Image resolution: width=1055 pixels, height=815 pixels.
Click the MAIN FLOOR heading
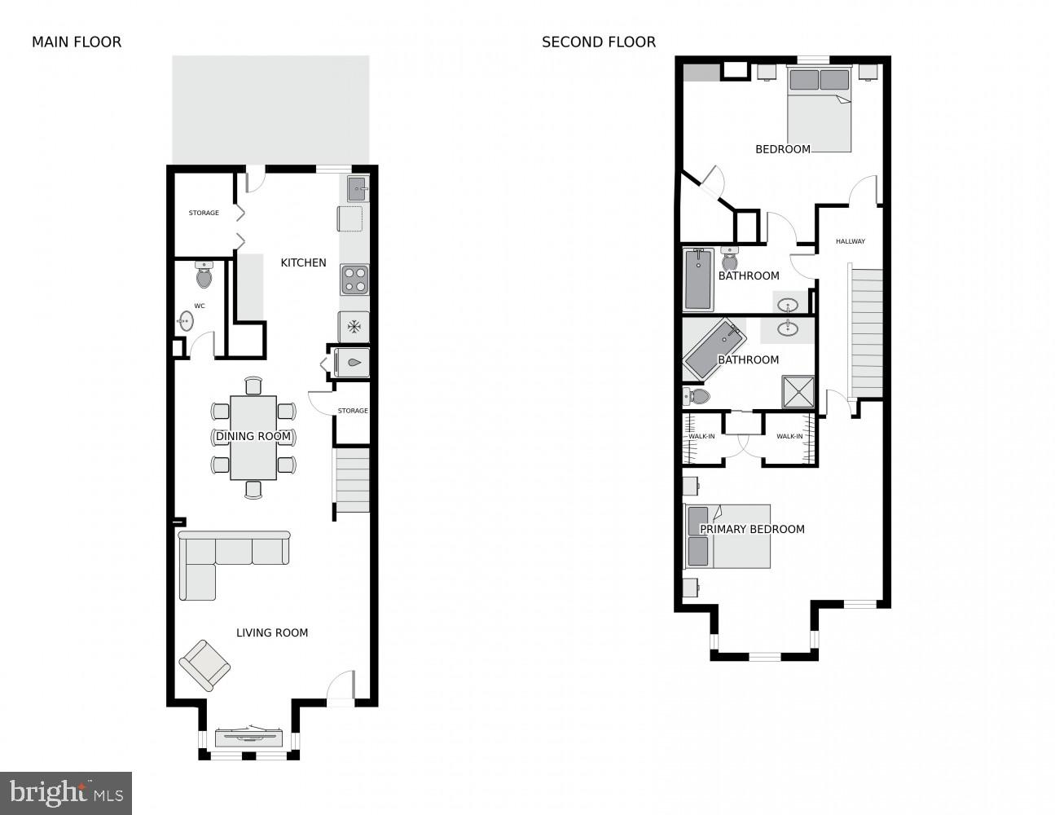click(x=77, y=42)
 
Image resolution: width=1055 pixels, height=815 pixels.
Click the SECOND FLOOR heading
click(x=599, y=42)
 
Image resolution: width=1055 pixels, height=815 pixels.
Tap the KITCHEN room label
click(x=303, y=262)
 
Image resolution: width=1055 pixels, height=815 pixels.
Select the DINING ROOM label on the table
click(x=253, y=437)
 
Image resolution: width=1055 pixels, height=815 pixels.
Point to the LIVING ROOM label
click(x=272, y=632)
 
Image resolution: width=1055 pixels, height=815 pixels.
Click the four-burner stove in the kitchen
click(x=354, y=280)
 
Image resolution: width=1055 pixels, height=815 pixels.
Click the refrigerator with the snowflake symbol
click(x=354, y=327)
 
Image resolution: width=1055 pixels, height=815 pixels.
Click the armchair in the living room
click(x=204, y=665)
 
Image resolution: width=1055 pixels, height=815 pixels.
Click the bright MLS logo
click(x=66, y=793)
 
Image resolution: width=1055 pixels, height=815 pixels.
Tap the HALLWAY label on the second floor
click(x=851, y=241)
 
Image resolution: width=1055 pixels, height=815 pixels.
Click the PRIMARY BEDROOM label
click(x=752, y=529)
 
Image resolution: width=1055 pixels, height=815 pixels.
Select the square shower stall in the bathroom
click(x=798, y=391)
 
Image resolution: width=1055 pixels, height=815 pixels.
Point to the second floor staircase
click(x=866, y=330)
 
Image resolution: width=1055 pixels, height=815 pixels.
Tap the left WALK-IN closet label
click(x=701, y=437)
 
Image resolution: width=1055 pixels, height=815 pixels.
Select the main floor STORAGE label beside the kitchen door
click(x=204, y=213)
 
